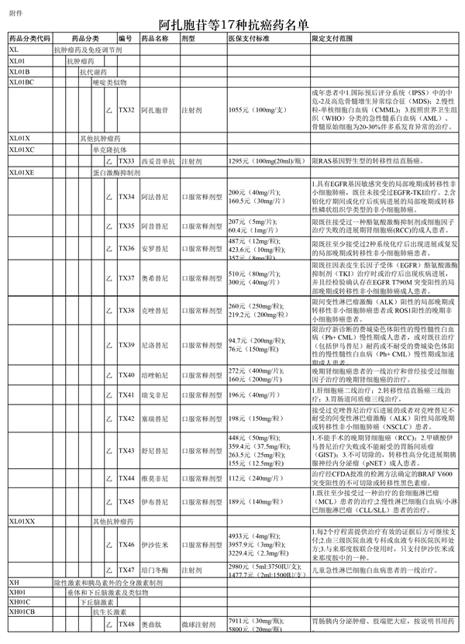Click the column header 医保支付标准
coord(249,38)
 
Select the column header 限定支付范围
coord(332,38)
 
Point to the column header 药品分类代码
coord(29,38)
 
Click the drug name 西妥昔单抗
coord(159,161)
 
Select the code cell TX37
coord(126,277)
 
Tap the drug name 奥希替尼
coord(154,277)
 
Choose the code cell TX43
coord(126,450)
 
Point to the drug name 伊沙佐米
coord(154,545)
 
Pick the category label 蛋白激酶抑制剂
coord(116,172)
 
